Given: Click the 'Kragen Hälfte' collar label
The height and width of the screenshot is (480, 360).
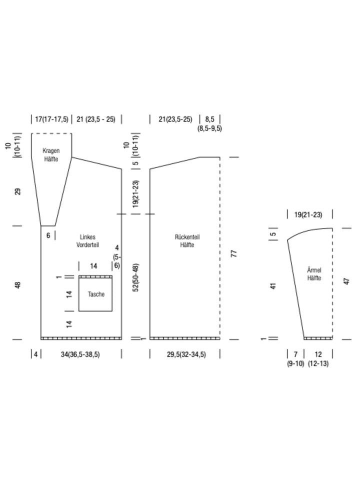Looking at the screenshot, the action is coord(51,155).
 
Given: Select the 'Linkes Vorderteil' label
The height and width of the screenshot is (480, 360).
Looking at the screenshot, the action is coord(87,241).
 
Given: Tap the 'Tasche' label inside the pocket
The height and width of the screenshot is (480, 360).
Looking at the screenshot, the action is coord(96,294).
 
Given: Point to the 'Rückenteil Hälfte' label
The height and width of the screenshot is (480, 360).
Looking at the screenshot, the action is coord(187,241).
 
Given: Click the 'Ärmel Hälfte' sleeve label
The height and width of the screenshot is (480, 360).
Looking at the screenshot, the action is coord(314,274).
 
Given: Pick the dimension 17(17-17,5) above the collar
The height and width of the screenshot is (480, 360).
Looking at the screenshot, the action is coord(51,119).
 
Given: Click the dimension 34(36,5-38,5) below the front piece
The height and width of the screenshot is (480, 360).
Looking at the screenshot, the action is coord(80,354).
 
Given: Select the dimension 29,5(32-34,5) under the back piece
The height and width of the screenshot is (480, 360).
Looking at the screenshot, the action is coord(186,354).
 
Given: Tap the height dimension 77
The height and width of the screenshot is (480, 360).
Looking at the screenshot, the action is coord(233,253).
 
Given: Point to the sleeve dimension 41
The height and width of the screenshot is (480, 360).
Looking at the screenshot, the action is coord(273,286).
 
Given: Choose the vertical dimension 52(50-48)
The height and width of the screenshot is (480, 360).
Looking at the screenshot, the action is coord(136,277).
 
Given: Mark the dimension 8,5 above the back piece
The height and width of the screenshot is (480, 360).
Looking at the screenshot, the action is coord(209,119).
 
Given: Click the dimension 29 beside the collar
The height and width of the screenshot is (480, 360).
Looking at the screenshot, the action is coord(18,191).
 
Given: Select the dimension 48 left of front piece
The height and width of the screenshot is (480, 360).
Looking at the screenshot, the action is coord(18,285).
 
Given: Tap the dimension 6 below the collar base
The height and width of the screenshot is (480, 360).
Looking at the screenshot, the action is coord(48,235).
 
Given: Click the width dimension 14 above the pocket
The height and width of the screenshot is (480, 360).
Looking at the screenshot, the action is coord(93,266).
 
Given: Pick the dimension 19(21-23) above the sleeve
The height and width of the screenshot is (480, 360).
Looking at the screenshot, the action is coord(308,215).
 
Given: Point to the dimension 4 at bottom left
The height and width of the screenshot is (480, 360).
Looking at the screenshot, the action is coord(36,354).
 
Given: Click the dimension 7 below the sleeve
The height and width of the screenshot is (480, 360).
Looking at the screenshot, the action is coord(295,354).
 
